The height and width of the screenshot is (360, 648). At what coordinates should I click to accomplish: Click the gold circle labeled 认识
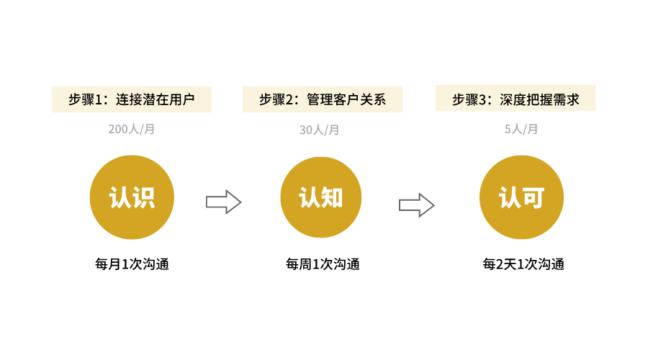click(132, 197)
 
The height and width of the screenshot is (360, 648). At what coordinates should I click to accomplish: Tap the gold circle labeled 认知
click(322, 197)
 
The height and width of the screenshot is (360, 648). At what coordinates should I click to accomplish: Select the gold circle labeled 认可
click(521, 197)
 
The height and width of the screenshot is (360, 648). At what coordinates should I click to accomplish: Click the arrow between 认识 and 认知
click(223, 202)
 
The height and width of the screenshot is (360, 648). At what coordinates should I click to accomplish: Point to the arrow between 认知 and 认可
click(416, 205)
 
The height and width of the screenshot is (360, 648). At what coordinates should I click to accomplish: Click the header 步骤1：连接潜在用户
click(132, 99)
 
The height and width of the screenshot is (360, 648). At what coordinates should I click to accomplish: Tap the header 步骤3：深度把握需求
click(516, 98)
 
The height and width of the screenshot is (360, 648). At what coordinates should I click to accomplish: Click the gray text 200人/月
click(132, 130)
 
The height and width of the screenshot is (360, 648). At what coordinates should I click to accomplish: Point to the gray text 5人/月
click(521, 130)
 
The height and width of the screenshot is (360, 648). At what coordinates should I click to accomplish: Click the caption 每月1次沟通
click(132, 264)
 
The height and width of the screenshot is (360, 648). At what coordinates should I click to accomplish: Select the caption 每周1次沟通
click(322, 264)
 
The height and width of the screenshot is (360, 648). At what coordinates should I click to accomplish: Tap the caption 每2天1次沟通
click(523, 264)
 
